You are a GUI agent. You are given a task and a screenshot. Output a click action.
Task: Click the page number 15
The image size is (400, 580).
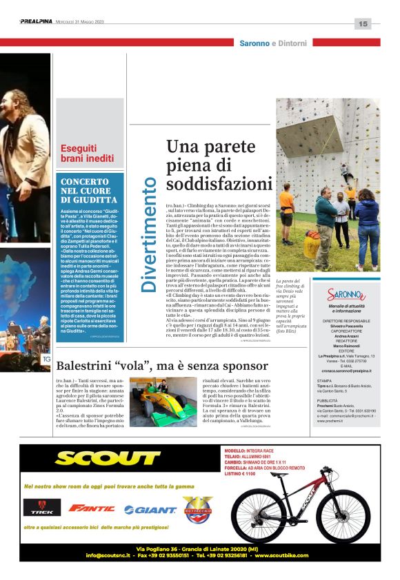(363, 24)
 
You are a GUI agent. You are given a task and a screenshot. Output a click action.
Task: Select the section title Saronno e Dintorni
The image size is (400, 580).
(273, 43)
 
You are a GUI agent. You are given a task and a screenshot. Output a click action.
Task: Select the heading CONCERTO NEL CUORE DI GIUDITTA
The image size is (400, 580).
(88, 190)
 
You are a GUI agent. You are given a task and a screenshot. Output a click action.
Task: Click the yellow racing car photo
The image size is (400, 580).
(163, 402)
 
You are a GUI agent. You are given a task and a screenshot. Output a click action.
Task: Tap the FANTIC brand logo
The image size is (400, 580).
(92, 508)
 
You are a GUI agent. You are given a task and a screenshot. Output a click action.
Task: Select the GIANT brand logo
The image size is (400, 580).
(150, 510)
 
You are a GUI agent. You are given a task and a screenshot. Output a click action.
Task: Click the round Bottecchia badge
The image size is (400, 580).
(197, 509)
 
